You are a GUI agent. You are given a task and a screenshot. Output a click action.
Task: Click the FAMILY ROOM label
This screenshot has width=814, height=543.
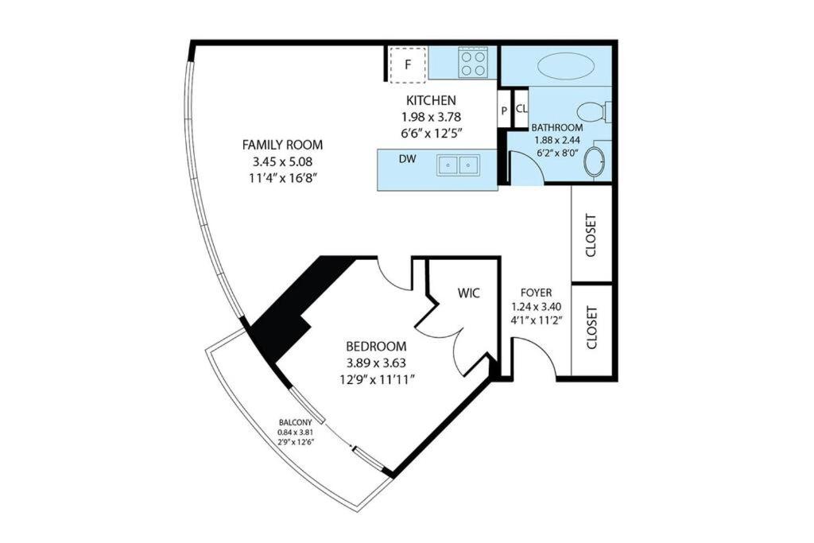coord(282,145)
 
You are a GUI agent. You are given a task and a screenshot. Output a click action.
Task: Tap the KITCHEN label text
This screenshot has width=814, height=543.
coord(431,100)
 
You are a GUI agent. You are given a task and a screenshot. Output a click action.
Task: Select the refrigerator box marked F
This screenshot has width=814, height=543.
coord(408,65)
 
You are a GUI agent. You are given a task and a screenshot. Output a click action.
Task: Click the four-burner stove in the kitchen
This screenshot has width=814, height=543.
coord(474,64)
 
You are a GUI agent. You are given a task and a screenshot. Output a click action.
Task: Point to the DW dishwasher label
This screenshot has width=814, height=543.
coord(408,159)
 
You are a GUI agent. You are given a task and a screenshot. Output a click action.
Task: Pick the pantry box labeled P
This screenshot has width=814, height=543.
coord(504,110)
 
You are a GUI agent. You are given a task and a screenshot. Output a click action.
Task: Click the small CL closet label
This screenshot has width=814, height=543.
coord(521,109)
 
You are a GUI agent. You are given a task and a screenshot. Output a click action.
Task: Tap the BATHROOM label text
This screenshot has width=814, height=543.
coord(557,128)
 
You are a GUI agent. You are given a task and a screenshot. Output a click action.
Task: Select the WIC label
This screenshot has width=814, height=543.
coord(469,293)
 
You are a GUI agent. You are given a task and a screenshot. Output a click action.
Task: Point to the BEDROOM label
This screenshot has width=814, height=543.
coord(376,347)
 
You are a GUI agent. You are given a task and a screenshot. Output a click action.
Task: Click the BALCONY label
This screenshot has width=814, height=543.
coord(296,423)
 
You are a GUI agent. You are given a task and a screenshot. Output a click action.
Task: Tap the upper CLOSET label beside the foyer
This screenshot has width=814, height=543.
coord(591,235)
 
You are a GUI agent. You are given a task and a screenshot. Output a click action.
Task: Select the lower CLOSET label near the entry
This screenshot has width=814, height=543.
coord(591,327)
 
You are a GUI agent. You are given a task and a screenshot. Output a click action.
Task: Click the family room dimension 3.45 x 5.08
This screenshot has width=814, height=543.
coord(277,161)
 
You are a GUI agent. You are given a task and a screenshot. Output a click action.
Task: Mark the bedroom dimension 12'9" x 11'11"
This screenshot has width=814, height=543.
coord(376,379)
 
